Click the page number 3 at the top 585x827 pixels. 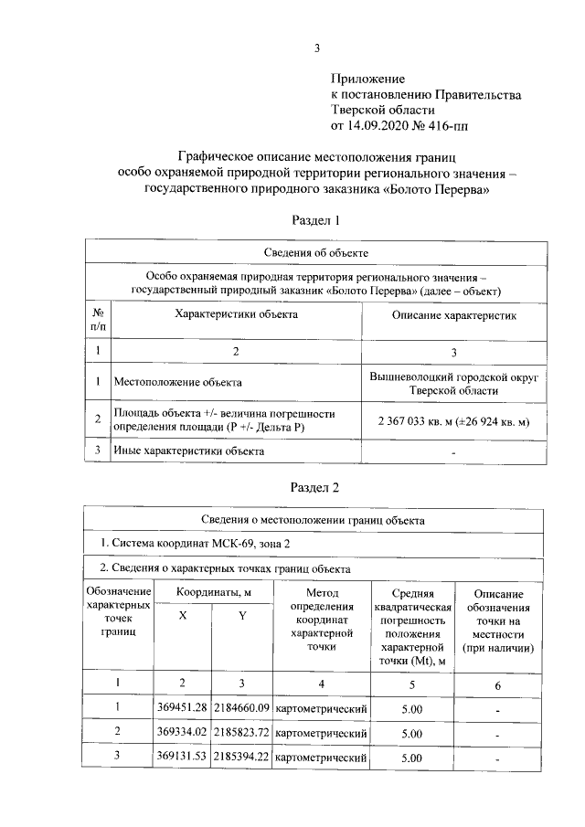click(x=316, y=48)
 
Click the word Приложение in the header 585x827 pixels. click(x=367, y=80)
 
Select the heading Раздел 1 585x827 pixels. click(x=315, y=220)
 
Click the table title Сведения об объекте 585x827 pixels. click(x=315, y=252)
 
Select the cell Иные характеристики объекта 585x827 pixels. click(x=188, y=451)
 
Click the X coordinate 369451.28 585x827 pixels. click(x=182, y=706)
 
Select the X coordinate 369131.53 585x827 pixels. click(x=182, y=758)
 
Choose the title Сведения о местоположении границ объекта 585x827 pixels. click(x=315, y=519)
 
